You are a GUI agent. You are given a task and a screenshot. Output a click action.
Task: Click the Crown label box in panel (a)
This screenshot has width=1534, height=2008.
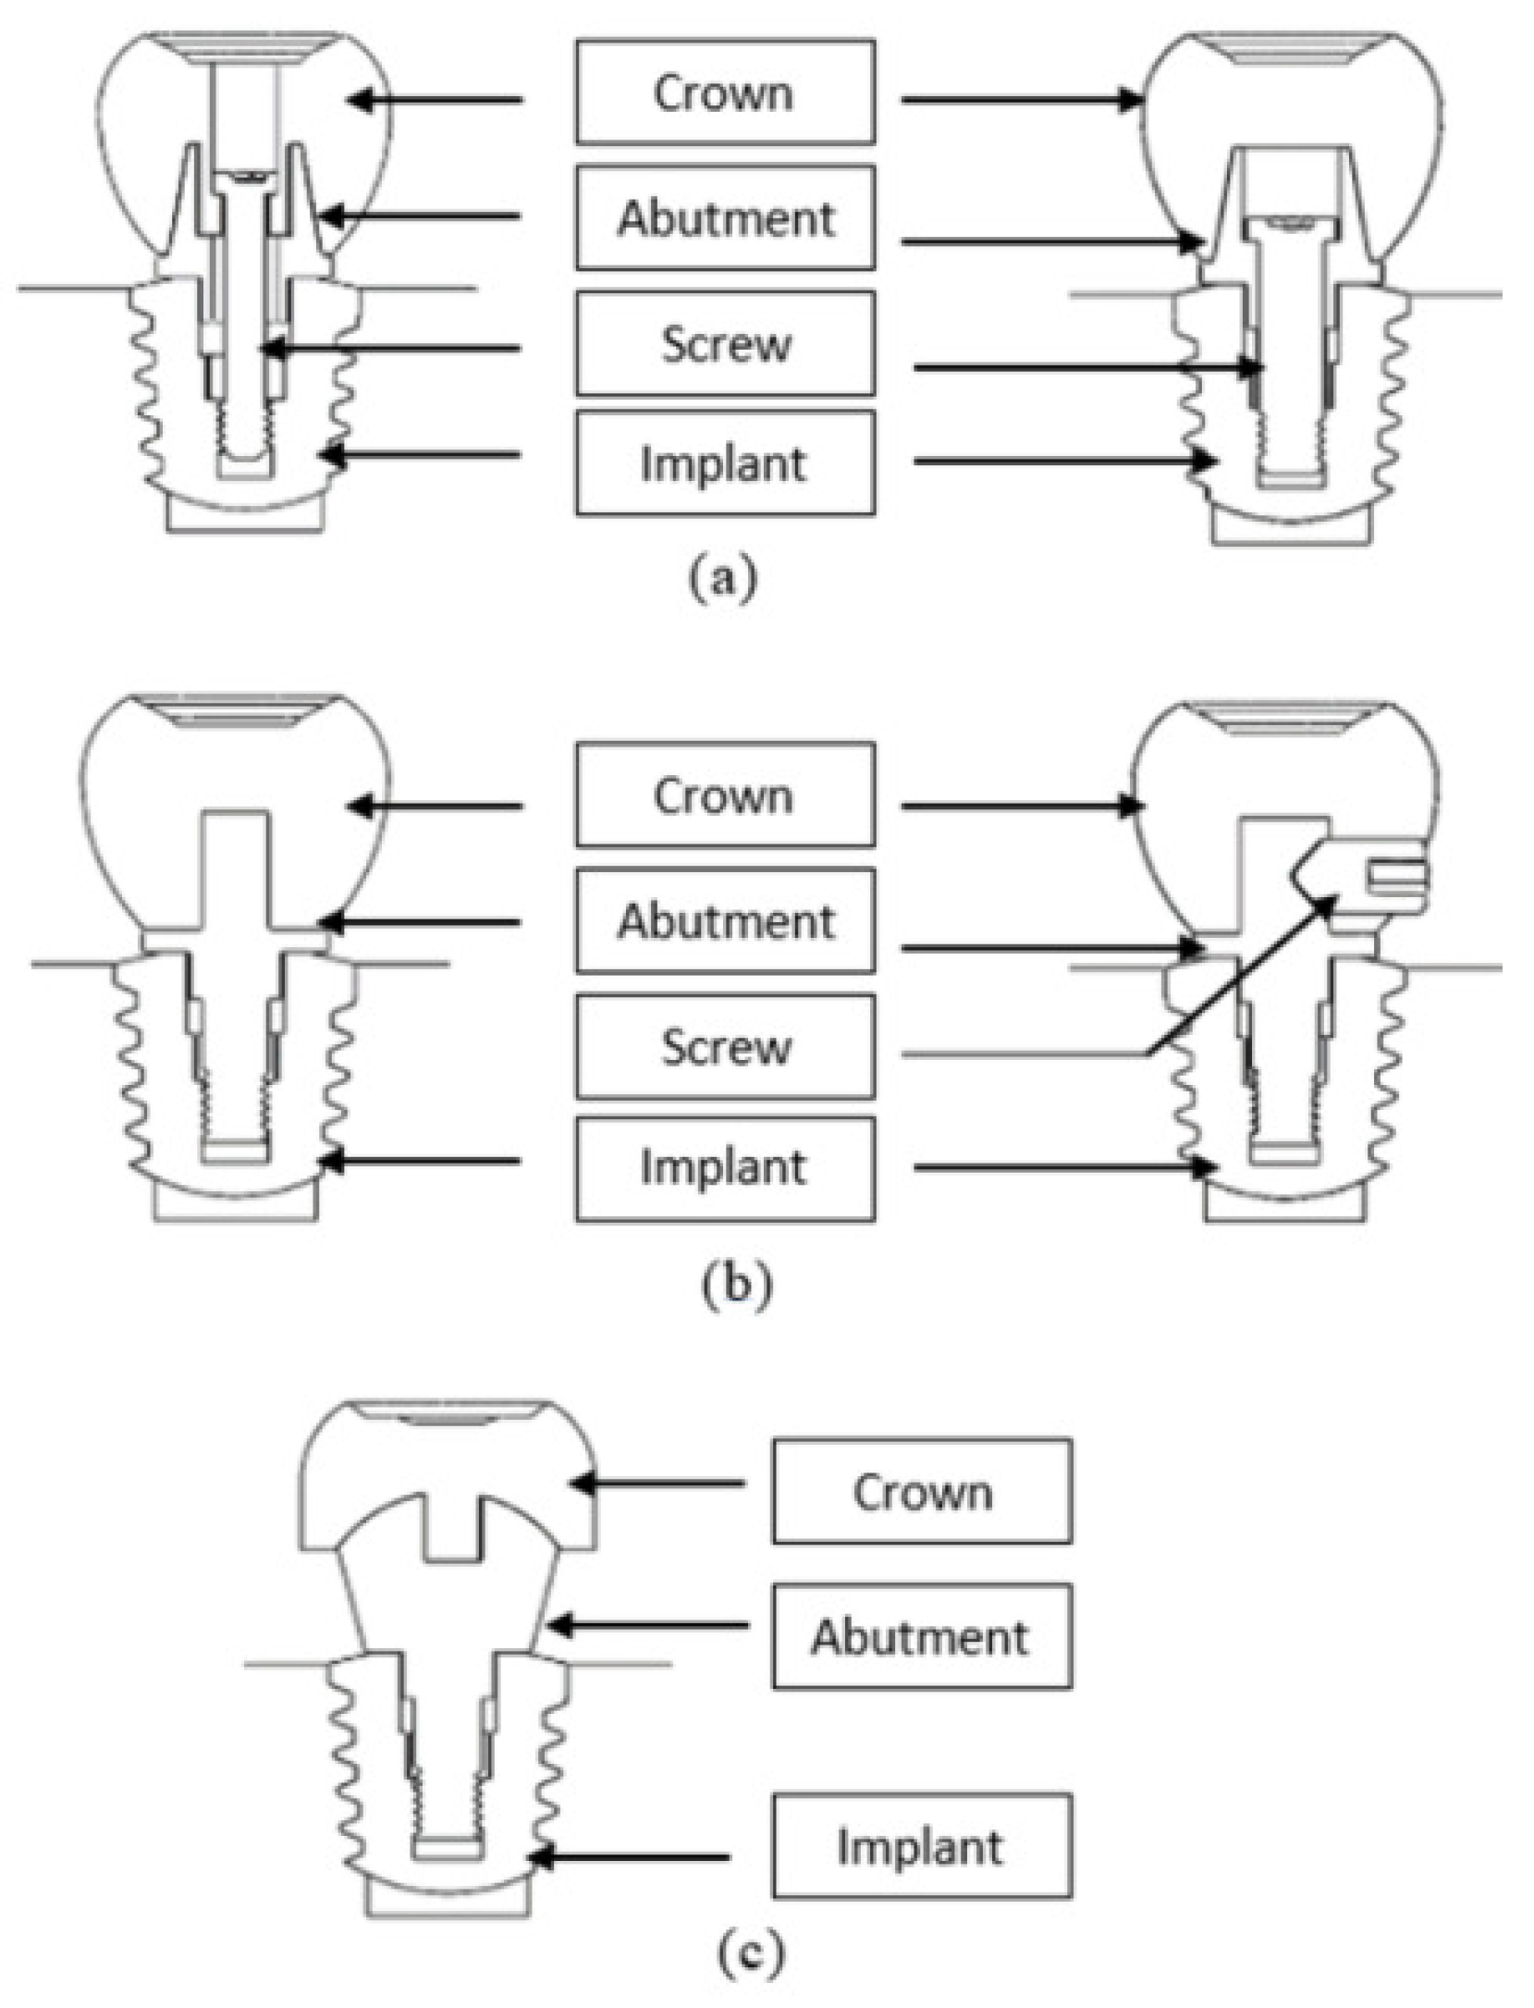(x=725, y=92)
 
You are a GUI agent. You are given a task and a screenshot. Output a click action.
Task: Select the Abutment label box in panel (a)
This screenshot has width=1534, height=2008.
(x=725, y=217)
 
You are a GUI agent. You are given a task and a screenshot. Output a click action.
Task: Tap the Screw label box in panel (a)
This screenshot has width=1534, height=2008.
(x=725, y=343)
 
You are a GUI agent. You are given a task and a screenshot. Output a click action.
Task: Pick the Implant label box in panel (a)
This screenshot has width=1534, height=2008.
(x=725, y=462)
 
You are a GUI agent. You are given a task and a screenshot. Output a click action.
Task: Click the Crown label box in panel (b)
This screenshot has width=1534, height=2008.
(x=725, y=795)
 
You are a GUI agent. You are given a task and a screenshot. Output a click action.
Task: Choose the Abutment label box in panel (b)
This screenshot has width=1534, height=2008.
(x=725, y=920)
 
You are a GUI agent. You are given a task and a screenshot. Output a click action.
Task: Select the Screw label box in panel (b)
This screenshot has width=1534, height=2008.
(x=725, y=1046)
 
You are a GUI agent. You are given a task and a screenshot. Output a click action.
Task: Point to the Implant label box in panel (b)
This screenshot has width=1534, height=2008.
(x=725, y=1167)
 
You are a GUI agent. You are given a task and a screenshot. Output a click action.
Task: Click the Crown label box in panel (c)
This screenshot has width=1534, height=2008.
(x=922, y=1490)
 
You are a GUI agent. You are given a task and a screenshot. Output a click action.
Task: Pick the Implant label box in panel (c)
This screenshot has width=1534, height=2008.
(x=922, y=1845)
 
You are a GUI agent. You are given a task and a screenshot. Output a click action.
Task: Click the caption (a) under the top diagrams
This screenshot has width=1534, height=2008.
(x=723, y=577)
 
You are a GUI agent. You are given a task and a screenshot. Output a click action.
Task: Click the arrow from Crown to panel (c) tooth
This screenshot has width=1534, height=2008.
(x=657, y=1484)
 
